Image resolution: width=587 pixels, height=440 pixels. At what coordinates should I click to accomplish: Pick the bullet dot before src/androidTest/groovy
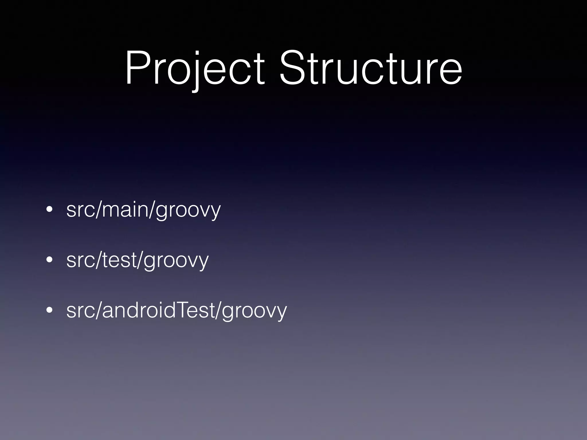49,310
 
